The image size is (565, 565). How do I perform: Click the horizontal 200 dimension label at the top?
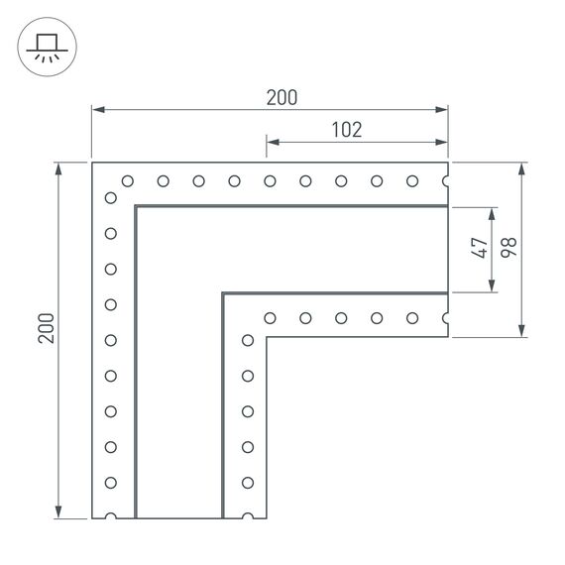point(282,97)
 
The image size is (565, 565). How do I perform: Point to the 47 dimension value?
point(481,248)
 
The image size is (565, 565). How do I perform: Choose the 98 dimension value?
point(509,248)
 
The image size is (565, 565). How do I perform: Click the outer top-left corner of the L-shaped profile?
point(92,163)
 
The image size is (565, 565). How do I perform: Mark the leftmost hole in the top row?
point(127,180)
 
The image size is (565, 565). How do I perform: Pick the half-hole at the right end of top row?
point(446,180)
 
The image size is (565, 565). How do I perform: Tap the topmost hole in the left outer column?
point(111,197)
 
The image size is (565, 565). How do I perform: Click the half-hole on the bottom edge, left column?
point(111,516)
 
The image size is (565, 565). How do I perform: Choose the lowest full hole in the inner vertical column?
point(247,482)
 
